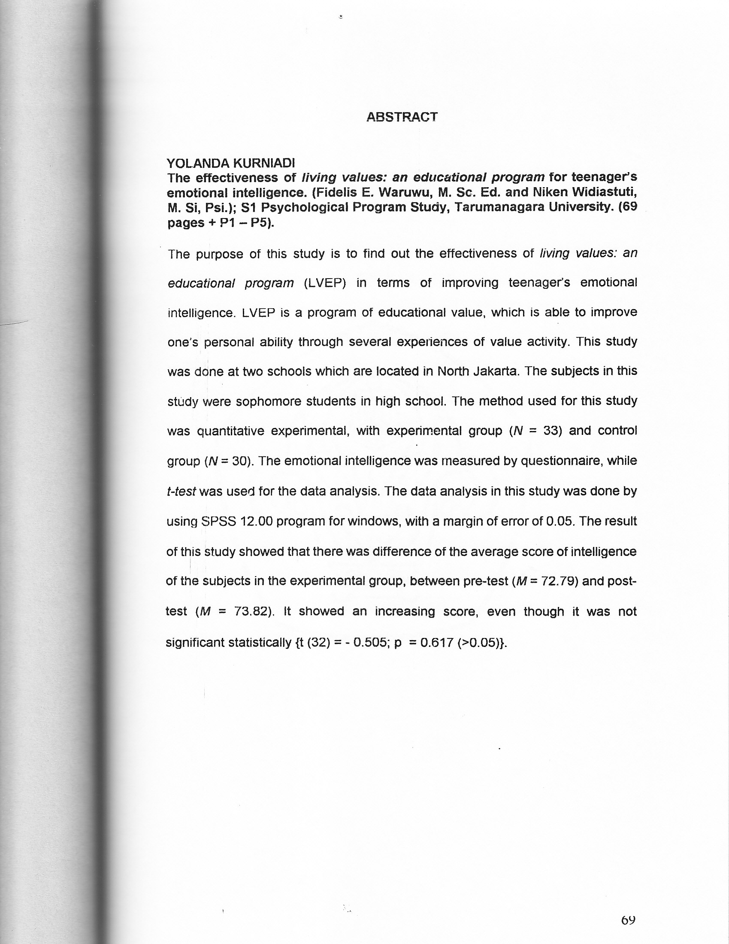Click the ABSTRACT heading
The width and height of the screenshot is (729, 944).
(402, 117)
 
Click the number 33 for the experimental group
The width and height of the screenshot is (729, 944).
(553, 431)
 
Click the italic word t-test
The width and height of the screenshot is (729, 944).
(181, 492)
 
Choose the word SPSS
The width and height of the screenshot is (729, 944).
(219, 521)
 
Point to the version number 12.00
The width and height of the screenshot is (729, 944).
(256, 521)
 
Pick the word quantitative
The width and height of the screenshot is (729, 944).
(230, 431)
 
